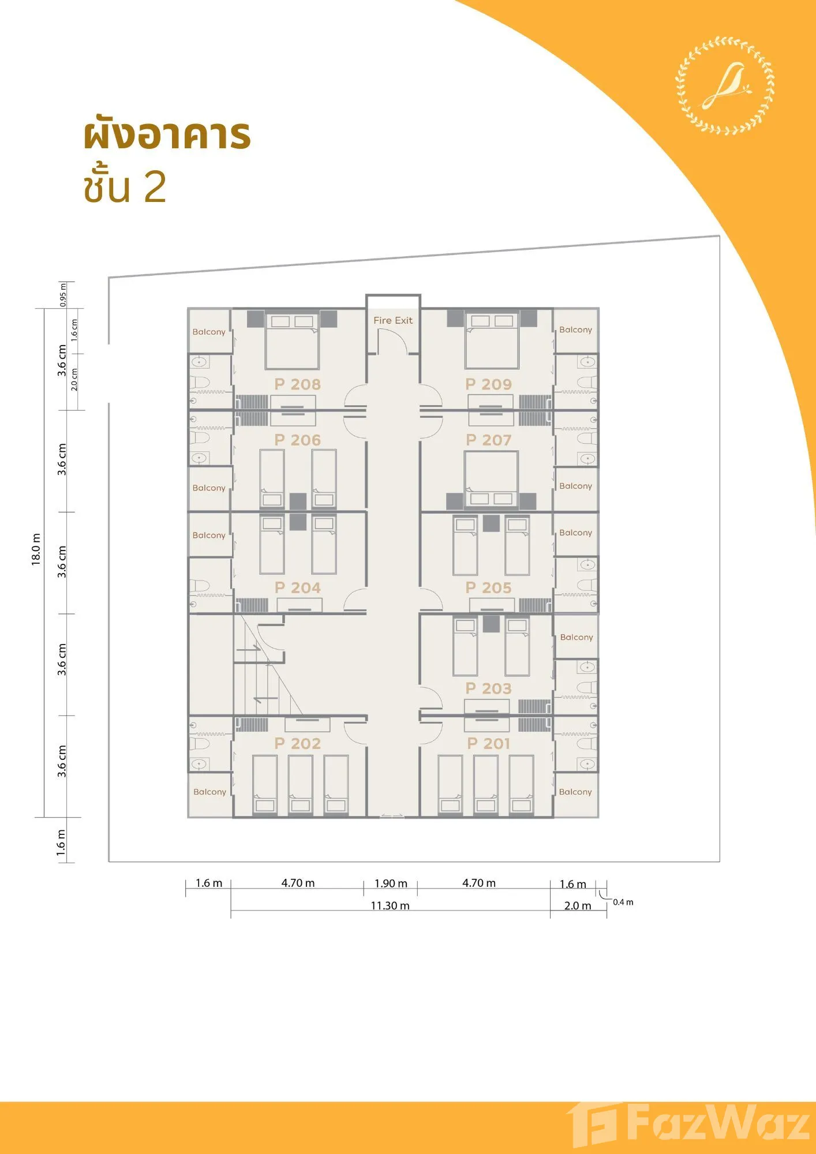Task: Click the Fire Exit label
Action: pyautogui.click(x=393, y=320)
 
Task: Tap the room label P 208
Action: pyautogui.click(x=297, y=384)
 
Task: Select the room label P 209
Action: pyautogui.click(x=488, y=384)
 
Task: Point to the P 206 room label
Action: pyautogui.click(x=297, y=440)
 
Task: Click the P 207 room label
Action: pyautogui.click(x=488, y=440)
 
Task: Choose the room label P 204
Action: pyautogui.click(x=297, y=588)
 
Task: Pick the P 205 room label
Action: pyautogui.click(x=488, y=588)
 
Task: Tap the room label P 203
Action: pyautogui.click(x=488, y=688)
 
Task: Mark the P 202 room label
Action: pyautogui.click(x=297, y=744)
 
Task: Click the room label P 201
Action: pyautogui.click(x=488, y=744)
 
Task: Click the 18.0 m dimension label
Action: pyautogui.click(x=36, y=549)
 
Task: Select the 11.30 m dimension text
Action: pyautogui.click(x=390, y=906)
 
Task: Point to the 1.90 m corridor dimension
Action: pyautogui.click(x=391, y=883)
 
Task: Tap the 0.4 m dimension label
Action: pyautogui.click(x=623, y=902)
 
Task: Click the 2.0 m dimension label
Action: pyautogui.click(x=578, y=906)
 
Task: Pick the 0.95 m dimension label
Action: pyautogui.click(x=63, y=295)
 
